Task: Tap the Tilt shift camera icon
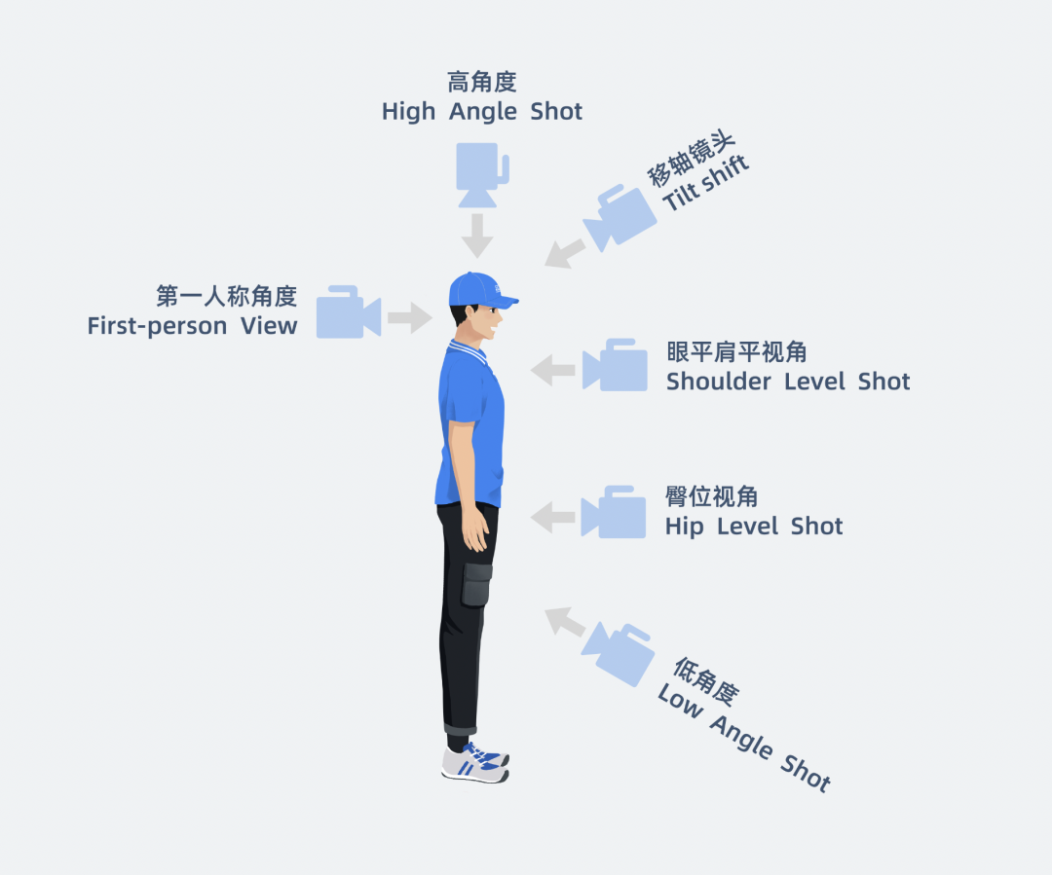[x=620, y=216]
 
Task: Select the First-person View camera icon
[x=348, y=312]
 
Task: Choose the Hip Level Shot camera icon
[x=614, y=512]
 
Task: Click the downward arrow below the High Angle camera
[x=477, y=235]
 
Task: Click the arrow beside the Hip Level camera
[x=553, y=517]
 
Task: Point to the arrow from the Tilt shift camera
[x=564, y=252]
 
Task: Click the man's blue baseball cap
[x=480, y=290]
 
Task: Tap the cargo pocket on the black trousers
[x=477, y=585]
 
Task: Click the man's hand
[x=477, y=530]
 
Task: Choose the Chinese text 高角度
[x=482, y=82]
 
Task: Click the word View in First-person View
[x=269, y=326]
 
